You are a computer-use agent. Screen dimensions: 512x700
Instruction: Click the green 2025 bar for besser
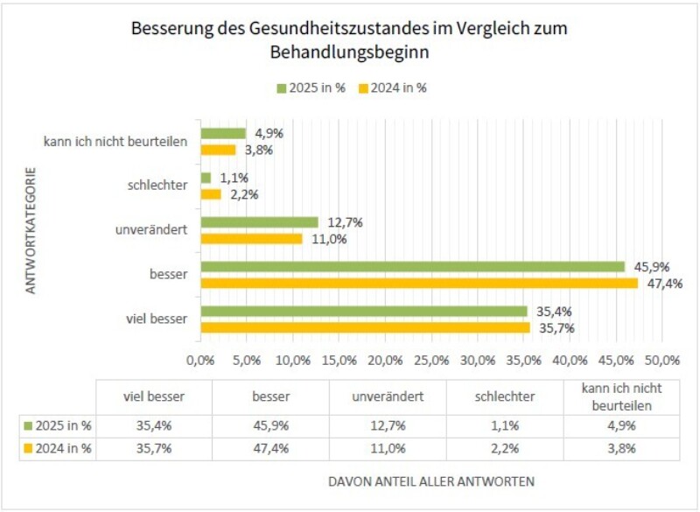coord(412,266)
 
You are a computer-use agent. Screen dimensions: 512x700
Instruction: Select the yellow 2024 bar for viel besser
coord(365,327)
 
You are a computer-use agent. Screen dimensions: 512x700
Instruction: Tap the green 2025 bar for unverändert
coord(259,222)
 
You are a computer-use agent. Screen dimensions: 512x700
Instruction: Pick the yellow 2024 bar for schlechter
coord(211,193)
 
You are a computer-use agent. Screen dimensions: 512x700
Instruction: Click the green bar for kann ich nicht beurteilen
coord(223,133)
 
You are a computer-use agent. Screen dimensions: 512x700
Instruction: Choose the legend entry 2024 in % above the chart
coord(393,88)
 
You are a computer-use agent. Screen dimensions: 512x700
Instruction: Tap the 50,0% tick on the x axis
coord(662,360)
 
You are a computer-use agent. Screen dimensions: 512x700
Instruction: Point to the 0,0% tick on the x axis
coord(201,360)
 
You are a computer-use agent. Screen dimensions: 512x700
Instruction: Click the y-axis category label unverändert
coord(151,230)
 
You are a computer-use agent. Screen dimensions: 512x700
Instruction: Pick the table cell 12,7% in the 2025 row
coord(388,426)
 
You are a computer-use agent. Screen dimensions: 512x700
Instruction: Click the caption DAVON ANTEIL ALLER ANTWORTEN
coord(430,481)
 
